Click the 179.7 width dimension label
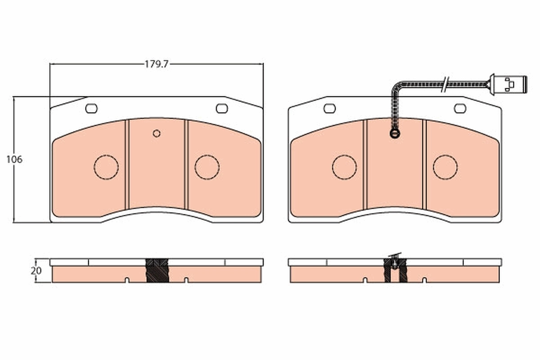point(156,64)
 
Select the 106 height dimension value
point(14,159)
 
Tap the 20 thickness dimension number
point(36,271)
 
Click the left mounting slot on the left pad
point(91,108)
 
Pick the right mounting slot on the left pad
point(222,108)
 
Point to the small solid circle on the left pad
point(157,133)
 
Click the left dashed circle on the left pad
point(106,167)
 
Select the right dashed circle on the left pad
point(207,167)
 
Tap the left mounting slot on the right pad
point(330,108)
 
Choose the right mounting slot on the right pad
point(460,108)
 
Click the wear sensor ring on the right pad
point(395,133)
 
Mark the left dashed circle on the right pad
point(344,167)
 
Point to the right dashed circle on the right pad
point(445,167)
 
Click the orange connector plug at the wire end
point(509,84)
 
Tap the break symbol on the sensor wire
point(445,84)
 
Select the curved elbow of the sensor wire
point(397,87)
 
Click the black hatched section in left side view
point(157,270)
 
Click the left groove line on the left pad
point(127,164)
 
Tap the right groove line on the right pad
point(424,164)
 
